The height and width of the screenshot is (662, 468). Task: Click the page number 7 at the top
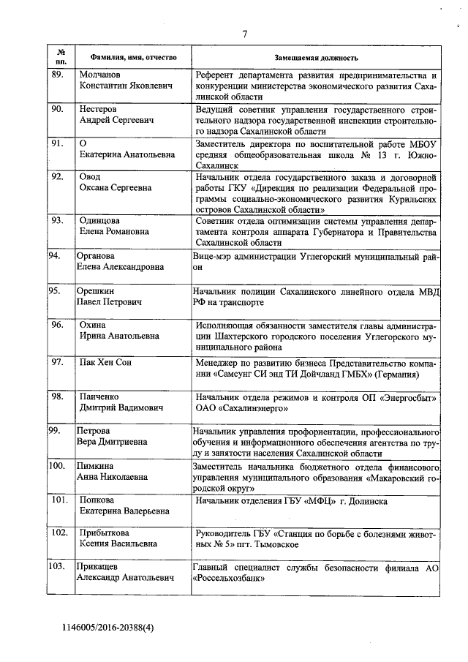(245, 33)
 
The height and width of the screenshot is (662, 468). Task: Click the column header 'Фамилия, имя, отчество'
(125, 57)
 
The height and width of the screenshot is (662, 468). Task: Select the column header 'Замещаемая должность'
(316, 57)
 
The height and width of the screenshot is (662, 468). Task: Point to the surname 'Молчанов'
(102, 75)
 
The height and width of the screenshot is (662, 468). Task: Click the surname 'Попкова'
(99, 500)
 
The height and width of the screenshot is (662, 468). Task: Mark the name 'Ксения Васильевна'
(118, 544)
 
